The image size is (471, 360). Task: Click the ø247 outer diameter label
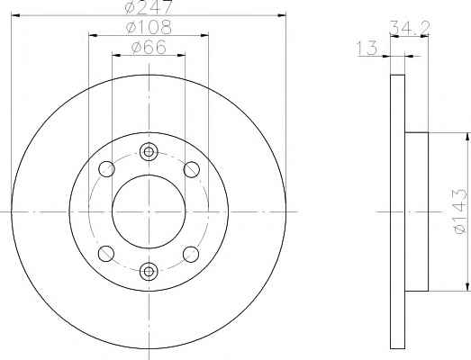point(149,6)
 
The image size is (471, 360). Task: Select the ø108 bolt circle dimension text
point(149,27)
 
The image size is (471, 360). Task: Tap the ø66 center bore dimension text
point(149,48)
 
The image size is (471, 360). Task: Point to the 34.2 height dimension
point(410,28)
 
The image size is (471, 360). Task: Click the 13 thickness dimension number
point(367,48)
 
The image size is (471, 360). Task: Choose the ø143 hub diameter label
point(460,211)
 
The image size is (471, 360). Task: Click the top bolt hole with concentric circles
point(149,152)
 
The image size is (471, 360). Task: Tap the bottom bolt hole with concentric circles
point(149,272)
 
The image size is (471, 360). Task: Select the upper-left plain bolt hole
point(106,169)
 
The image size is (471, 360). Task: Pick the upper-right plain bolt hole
point(191,169)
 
